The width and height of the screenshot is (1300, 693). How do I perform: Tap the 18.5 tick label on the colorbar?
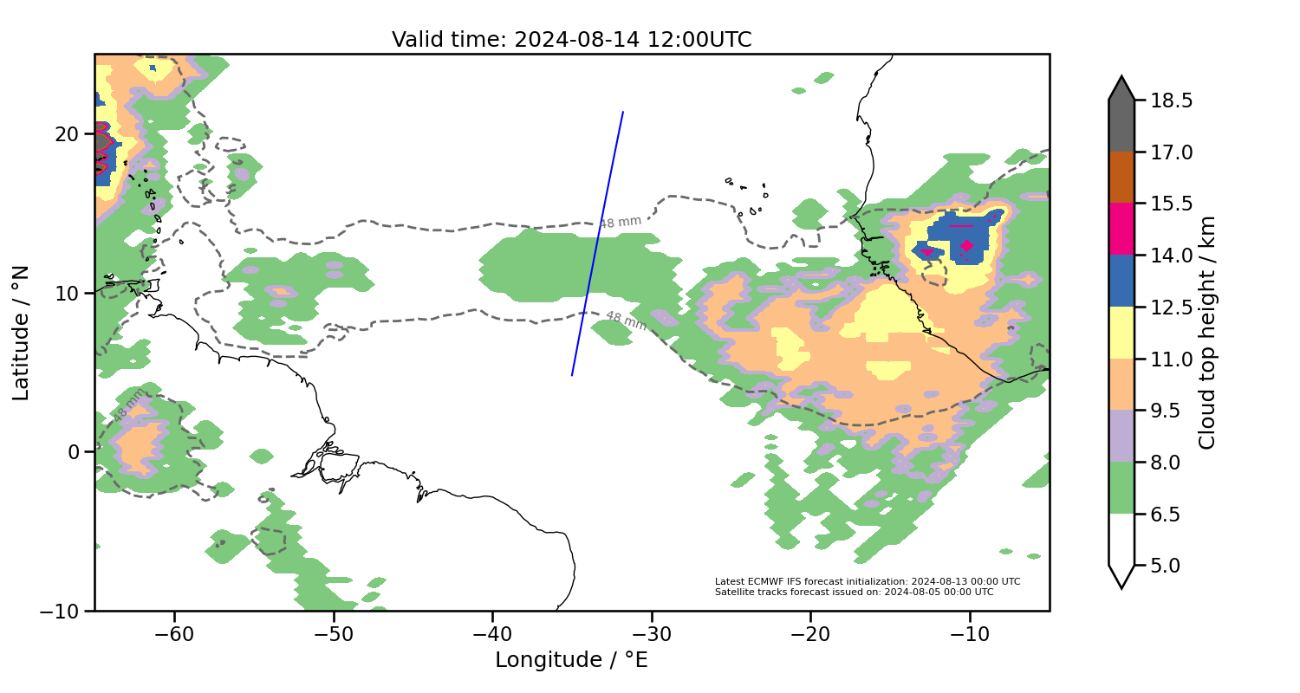click(x=1172, y=100)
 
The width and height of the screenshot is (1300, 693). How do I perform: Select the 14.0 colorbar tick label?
click(x=1172, y=256)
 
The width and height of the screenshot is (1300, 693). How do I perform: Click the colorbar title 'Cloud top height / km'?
click(x=1208, y=333)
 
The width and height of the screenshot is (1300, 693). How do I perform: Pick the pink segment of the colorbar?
click(x=1121, y=229)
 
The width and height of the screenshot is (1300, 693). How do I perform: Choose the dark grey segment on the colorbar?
click(x=1121, y=121)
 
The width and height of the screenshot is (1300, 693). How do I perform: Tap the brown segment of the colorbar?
click(x=1121, y=178)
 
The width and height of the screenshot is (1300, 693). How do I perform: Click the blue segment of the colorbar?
click(x=1121, y=281)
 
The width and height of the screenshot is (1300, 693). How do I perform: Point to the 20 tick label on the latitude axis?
click(x=68, y=134)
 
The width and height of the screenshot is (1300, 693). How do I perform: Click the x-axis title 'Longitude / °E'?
click(x=571, y=660)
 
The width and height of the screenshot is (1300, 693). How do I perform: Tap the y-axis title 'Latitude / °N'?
click(x=22, y=333)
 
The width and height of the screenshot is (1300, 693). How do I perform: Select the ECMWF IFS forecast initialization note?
click(x=867, y=581)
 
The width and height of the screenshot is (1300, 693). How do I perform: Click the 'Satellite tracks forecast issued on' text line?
click(x=854, y=592)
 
